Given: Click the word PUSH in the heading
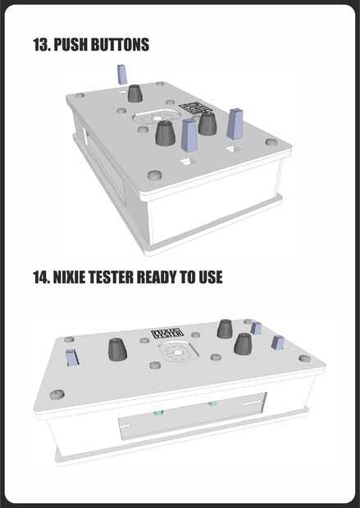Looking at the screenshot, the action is point(71,44).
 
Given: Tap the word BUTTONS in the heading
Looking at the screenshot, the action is point(120,44).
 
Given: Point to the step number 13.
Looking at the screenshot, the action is point(42,44).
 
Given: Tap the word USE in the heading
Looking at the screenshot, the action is point(211,277).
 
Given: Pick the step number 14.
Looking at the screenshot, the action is point(41,277).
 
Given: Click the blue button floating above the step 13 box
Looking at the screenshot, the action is point(121,75).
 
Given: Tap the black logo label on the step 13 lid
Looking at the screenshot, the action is point(195,108).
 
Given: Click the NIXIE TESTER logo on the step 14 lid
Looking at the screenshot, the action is point(167,333).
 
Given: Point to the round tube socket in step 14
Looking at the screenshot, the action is point(176,352).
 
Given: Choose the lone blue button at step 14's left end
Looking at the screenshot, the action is point(71,357).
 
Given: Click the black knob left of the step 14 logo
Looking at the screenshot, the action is point(117,350).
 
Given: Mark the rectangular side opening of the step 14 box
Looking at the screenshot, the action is point(192,416).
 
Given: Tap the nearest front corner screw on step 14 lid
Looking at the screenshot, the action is point(57,394).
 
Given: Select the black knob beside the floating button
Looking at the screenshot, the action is point(135,93).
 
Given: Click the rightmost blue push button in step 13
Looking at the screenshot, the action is point(235,124).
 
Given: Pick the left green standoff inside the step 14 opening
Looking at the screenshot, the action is point(158,413).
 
